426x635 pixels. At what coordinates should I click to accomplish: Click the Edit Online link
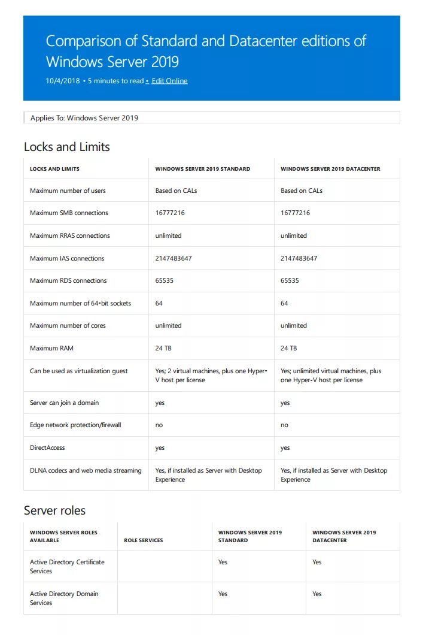click(169, 81)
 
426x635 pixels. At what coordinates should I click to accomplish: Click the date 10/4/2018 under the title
click(63, 81)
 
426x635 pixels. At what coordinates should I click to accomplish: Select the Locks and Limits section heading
click(66, 147)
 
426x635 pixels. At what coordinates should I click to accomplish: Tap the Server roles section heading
click(54, 510)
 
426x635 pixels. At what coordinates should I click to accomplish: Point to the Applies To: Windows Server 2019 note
click(84, 118)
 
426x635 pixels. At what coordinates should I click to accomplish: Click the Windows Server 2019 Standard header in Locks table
click(202, 169)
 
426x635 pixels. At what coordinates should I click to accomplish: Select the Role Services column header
click(143, 540)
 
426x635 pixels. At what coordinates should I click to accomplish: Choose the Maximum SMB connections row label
click(69, 213)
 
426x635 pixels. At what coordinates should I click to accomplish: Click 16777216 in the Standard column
click(170, 213)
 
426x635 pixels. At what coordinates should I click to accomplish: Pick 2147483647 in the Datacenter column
click(299, 258)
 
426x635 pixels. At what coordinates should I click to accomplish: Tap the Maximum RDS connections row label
click(68, 280)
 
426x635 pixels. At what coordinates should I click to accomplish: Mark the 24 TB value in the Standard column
click(163, 348)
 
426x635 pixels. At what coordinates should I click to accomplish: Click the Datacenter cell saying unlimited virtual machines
click(330, 376)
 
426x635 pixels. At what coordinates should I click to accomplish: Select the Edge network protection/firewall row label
click(75, 425)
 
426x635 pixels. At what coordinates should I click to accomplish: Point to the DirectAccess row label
click(47, 447)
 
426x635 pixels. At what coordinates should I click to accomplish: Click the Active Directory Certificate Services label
click(67, 567)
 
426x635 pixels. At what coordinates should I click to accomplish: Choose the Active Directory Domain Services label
click(64, 598)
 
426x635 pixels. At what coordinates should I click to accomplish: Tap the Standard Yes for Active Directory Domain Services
click(223, 594)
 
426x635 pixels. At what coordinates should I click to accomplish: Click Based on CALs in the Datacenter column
click(301, 190)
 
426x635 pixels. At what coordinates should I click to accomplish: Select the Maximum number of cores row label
click(68, 325)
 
